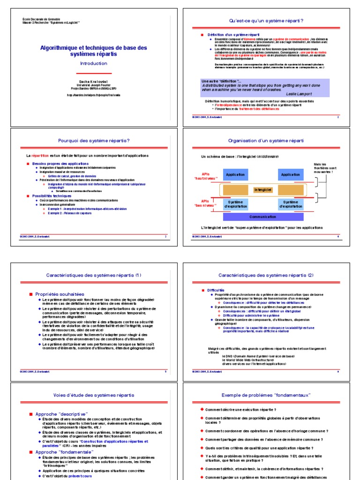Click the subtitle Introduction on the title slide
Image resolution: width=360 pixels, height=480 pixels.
[x=93, y=63]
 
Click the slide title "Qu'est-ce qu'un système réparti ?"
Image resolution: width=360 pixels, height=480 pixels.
[x=266, y=21]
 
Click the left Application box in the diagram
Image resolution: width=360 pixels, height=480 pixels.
[x=235, y=175]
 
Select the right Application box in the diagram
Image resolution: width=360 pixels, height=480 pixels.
[x=290, y=175]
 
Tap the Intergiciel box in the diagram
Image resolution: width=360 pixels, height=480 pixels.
[x=262, y=190]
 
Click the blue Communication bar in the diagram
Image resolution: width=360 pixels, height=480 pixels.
[x=262, y=217]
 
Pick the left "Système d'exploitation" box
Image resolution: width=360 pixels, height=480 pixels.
[x=235, y=204]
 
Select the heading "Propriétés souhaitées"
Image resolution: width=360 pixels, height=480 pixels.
[x=60, y=294]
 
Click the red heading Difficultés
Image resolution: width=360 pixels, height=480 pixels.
[x=216, y=290]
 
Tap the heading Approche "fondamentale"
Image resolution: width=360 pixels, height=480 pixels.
[x=64, y=452]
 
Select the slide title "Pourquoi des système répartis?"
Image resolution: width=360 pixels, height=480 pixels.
[x=93, y=140]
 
